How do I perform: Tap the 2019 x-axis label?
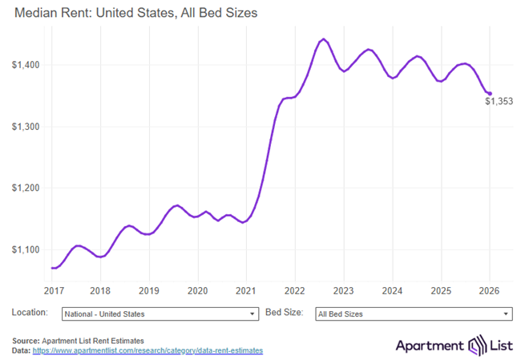coord(148,289)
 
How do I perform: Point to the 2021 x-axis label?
coord(246,289)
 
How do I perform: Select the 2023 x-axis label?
coord(344,289)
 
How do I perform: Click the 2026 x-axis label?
coord(490,289)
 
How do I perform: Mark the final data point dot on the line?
coord(490,93)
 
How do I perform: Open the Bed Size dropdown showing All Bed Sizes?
coord(413,313)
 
